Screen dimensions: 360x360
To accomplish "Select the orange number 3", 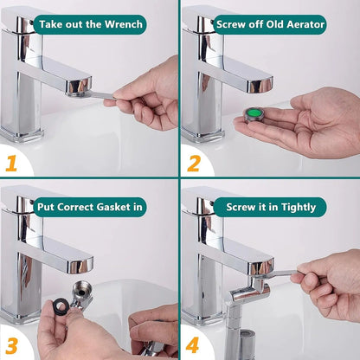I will [12, 342].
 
